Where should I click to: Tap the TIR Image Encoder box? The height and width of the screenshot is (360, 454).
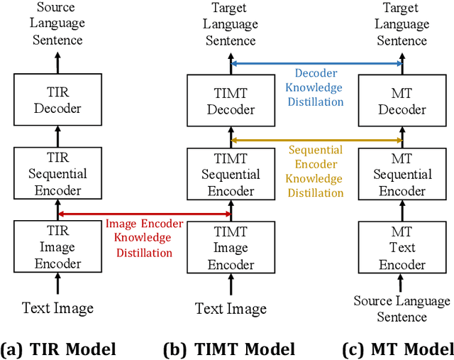pyautogui.click(x=57, y=247)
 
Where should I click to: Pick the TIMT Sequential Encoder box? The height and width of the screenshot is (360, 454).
pyautogui.click(x=231, y=174)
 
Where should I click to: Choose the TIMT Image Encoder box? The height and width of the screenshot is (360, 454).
pyautogui.click(x=231, y=247)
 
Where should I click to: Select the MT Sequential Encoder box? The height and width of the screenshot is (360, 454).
pyautogui.click(x=402, y=174)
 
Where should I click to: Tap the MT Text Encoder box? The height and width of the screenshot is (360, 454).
pyautogui.click(x=402, y=247)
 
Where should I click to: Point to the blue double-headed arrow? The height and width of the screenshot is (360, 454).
pyautogui.click(x=316, y=63)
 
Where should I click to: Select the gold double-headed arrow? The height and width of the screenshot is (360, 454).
pyautogui.click(x=316, y=138)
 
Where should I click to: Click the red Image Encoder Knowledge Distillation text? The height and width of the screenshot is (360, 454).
pyautogui.click(x=145, y=238)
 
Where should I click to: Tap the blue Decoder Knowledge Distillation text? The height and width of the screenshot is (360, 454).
pyautogui.click(x=316, y=87)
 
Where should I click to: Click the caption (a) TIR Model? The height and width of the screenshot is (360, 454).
pyautogui.click(x=58, y=349)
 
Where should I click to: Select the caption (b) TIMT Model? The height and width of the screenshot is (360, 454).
pyautogui.click(x=228, y=349)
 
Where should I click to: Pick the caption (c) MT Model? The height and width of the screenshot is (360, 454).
pyautogui.click(x=398, y=349)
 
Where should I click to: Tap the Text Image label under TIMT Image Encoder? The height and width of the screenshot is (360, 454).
pyautogui.click(x=231, y=308)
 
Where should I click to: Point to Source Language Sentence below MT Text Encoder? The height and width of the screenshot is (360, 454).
pyautogui.click(x=402, y=309)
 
